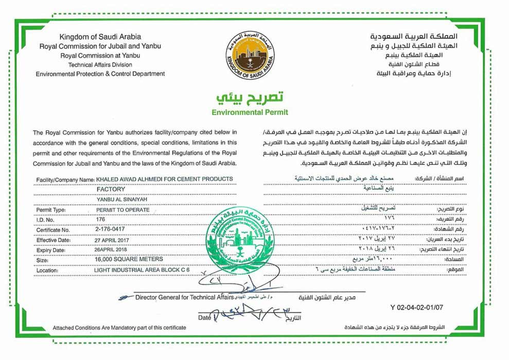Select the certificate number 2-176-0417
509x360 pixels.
coord(113,230)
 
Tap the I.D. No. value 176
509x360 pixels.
coord(100,220)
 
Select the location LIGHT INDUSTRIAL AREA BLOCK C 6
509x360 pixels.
coord(138,270)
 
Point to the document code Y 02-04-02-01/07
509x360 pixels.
coord(417,308)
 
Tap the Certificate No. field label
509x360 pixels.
coord(53,230)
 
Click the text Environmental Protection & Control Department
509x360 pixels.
coord(100,74)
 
